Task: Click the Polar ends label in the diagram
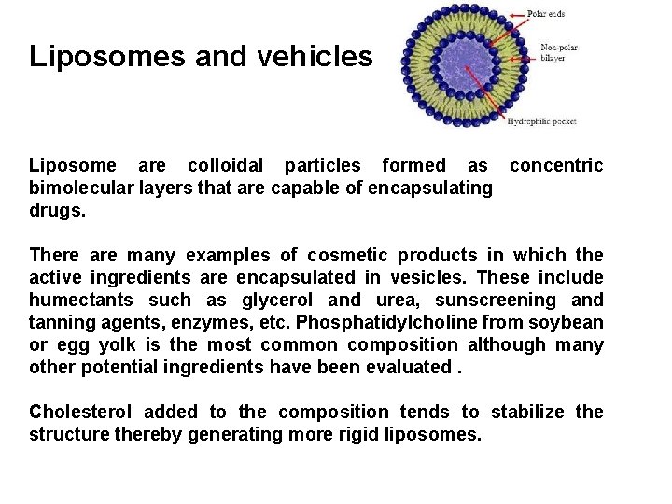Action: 546,14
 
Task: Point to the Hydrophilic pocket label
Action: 543,121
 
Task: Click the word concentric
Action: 556,166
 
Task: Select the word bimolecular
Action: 78,189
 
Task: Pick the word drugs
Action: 58,211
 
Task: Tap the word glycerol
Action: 278,301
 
